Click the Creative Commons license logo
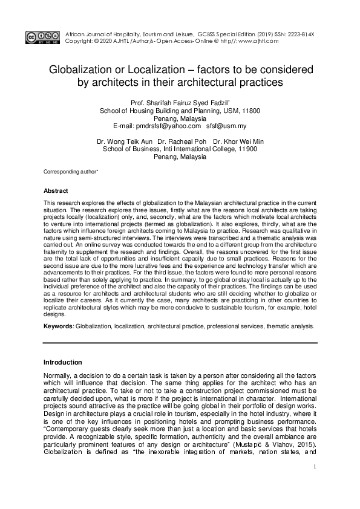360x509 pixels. (39, 37)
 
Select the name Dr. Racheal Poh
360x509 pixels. (180, 141)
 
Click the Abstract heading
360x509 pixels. (56, 190)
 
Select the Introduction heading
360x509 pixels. (63, 363)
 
